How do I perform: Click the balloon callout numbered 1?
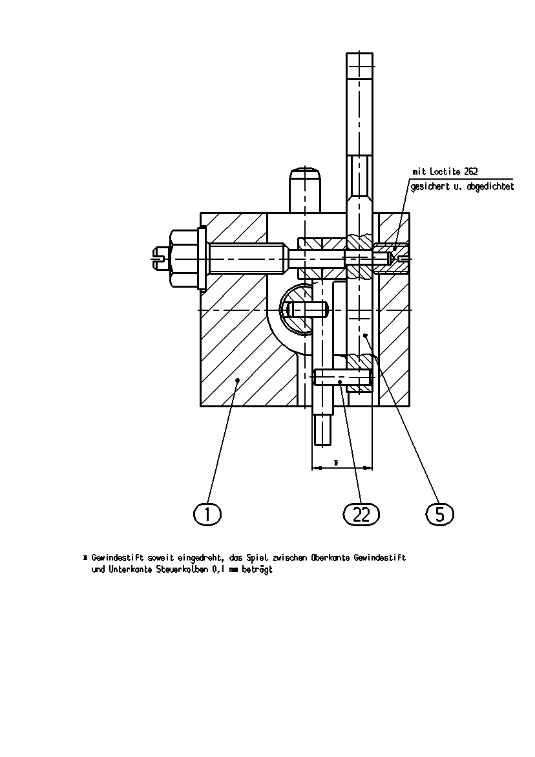point(207,515)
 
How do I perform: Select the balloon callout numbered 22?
point(361,515)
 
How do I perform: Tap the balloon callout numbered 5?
point(440,514)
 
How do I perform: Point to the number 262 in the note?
point(471,171)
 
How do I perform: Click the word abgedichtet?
point(490,186)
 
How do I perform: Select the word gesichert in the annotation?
point(426,187)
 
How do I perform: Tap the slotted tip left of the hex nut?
point(161,259)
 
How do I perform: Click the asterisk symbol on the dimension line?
point(336,462)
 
